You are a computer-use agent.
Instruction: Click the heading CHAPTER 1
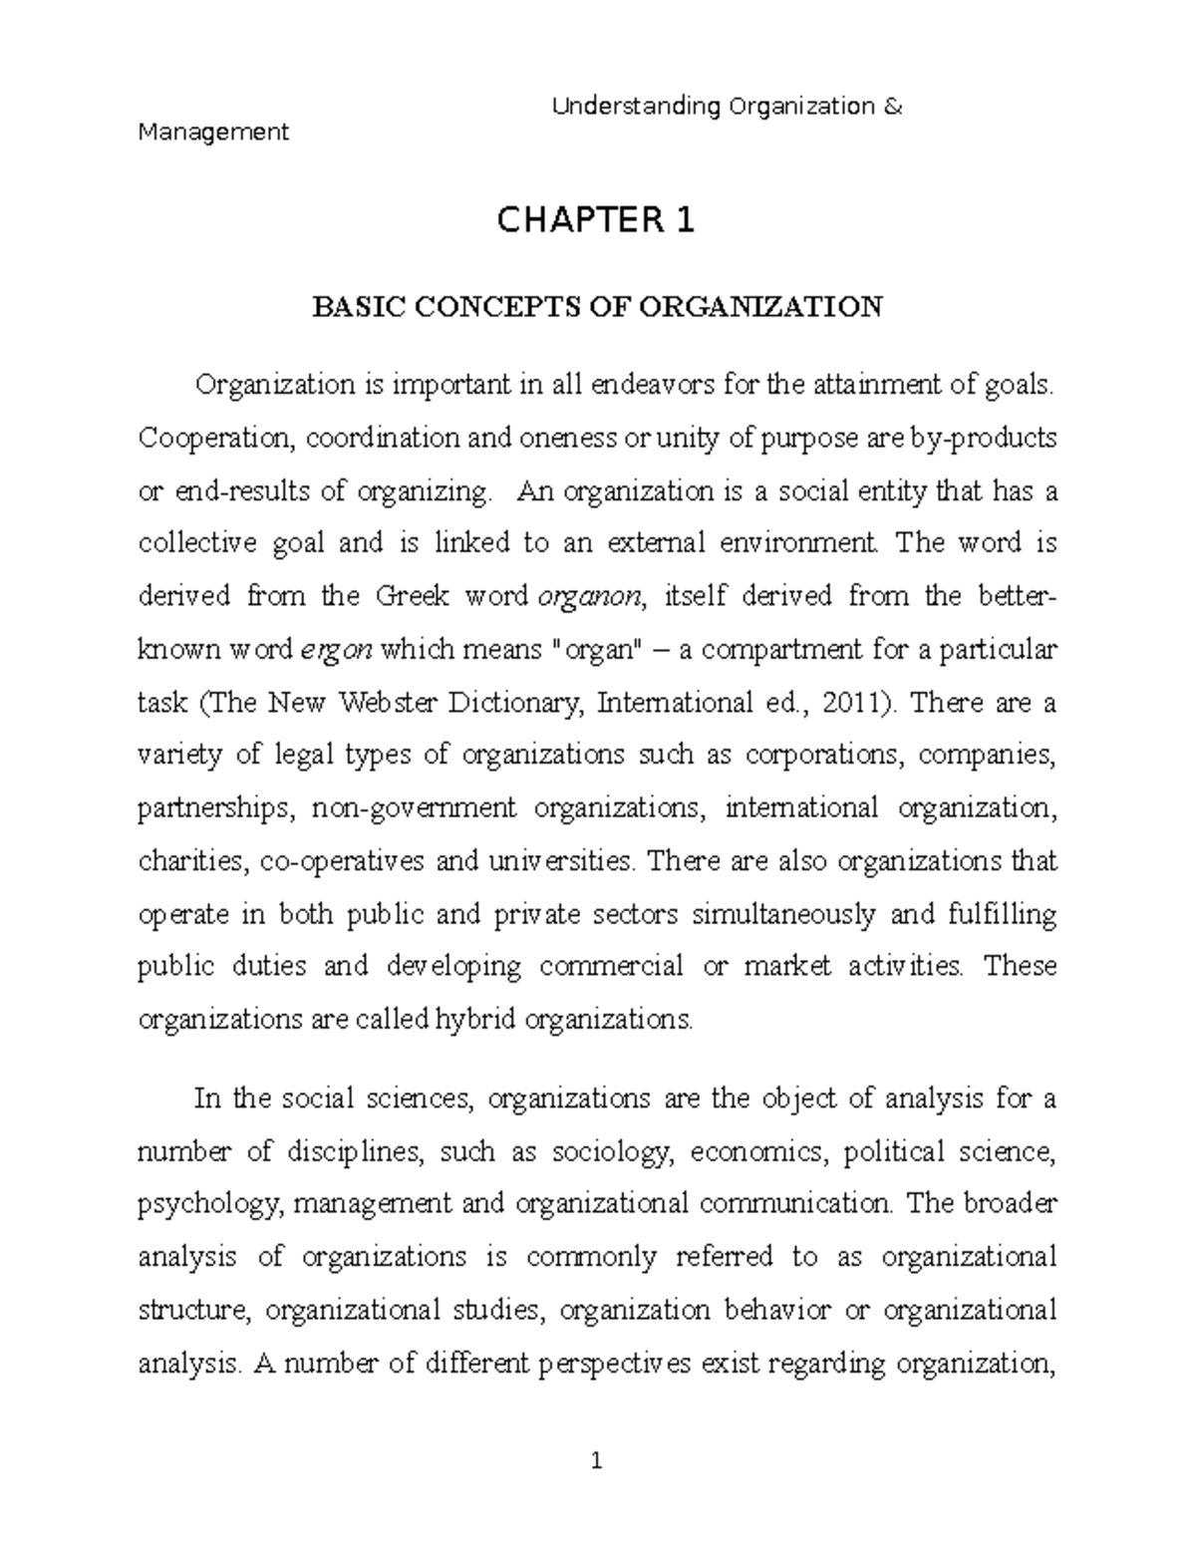coord(596,219)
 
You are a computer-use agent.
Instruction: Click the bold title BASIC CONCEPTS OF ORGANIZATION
coord(597,306)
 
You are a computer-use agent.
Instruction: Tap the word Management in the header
coord(213,132)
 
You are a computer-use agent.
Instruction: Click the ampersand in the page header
coord(893,106)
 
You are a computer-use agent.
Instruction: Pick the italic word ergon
coord(338,650)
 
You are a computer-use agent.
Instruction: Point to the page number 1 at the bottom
coord(596,1463)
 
